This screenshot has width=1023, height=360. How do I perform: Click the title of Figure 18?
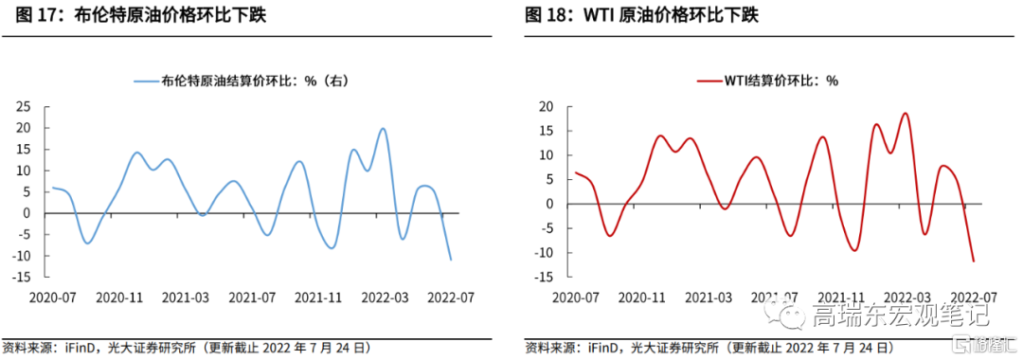coord(641,15)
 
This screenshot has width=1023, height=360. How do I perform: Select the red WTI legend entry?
coord(767,81)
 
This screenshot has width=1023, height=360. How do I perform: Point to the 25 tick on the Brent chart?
coord(23,107)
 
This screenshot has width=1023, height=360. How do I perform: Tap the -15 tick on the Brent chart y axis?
coord(20,278)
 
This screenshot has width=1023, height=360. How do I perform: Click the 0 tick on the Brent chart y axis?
coord(27,213)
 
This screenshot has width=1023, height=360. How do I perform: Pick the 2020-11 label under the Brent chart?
coord(119,297)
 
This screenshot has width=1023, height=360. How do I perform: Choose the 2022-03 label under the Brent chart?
coord(385,297)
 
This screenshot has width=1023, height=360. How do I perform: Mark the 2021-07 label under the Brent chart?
coord(252,297)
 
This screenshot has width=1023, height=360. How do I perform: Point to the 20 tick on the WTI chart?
coord(547,107)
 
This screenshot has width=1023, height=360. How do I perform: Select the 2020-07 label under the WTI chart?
coord(576,297)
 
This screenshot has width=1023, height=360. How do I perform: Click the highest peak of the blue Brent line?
coord(383,129)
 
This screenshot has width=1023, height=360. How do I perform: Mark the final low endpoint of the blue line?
coord(451,260)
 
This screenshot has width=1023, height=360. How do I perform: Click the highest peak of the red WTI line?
coord(905,114)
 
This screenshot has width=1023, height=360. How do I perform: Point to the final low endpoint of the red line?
coord(974,261)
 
